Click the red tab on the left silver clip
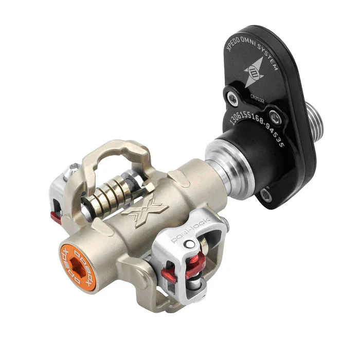click(x=56, y=216)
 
